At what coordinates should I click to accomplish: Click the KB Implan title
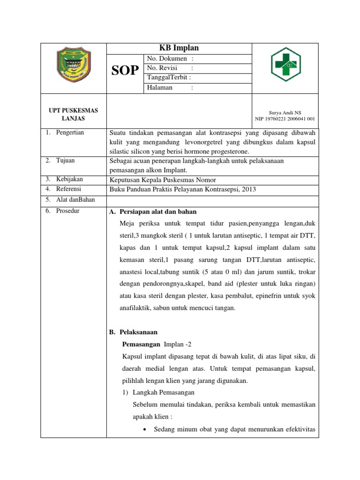[180, 48]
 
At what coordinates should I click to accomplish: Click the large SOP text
[125, 71]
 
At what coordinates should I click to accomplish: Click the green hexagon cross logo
[285, 65]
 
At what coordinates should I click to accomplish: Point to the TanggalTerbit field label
[169, 78]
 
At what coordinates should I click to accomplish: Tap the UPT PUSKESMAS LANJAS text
[74, 114]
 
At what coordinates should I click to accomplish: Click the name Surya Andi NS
[285, 112]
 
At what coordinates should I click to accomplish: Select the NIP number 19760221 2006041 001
[285, 119]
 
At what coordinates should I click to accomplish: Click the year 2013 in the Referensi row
[249, 189]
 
